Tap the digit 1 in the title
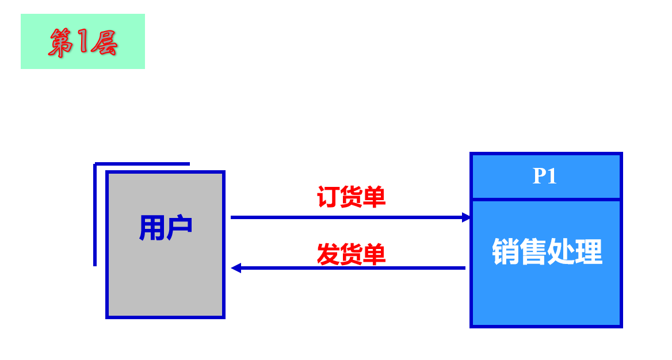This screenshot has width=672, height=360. tap(81, 42)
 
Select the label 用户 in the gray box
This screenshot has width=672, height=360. tap(165, 228)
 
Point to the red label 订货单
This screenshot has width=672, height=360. tap(351, 197)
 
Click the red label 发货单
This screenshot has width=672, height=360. tap(351, 254)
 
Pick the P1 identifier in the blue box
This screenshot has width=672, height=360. tap(545, 176)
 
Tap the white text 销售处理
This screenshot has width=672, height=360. tap(547, 251)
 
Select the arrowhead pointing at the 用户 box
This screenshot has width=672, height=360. tap(235, 268)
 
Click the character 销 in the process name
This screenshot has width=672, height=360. tap(505, 251)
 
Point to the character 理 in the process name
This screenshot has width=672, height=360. tap(589, 251)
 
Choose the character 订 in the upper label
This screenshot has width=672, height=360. tap(329, 197)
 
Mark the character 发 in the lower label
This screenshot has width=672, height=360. tap(329, 254)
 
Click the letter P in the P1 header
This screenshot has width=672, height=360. tap(539, 176)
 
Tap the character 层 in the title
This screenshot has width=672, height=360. tap(104, 43)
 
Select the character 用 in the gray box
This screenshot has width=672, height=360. tap(151, 228)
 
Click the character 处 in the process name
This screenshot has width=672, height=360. tap(560, 251)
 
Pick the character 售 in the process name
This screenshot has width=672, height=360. tap(533, 251)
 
